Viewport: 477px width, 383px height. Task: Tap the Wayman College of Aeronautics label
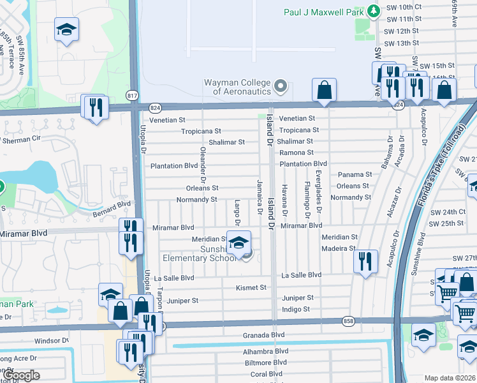(237, 87)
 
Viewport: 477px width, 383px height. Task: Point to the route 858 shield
(348, 320)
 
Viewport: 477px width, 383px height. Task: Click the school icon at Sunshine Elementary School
(238, 243)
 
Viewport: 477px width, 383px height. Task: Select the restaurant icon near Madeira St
(365, 260)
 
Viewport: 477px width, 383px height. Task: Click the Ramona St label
(297, 153)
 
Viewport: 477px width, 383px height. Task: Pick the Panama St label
(355, 174)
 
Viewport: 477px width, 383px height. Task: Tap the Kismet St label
(251, 288)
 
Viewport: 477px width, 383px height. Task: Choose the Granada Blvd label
(263, 335)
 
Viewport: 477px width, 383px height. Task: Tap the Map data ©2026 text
(450, 378)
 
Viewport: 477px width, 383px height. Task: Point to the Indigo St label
(295, 310)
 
